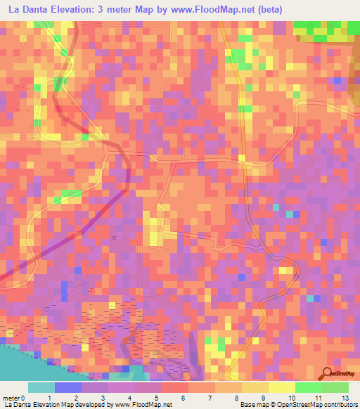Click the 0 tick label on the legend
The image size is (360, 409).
click(x=25, y=398)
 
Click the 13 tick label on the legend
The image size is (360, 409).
click(x=345, y=398)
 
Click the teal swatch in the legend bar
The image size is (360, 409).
click(x=41, y=387)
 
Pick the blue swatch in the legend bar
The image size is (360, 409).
click(x=68, y=387)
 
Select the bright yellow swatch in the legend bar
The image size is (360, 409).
click(x=281, y=387)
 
